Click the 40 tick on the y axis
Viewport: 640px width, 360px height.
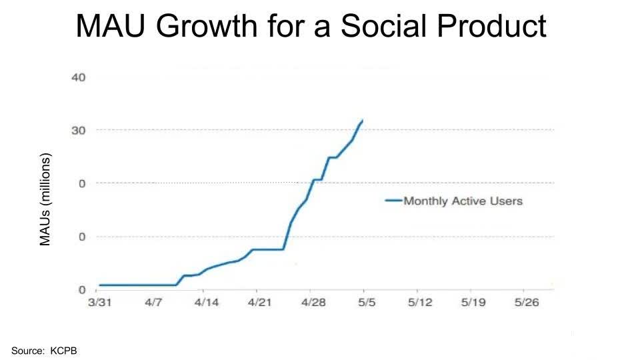pyautogui.click(x=78, y=77)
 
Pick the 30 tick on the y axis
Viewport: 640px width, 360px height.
pyautogui.click(x=78, y=130)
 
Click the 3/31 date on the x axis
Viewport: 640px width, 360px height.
pyautogui.click(x=99, y=303)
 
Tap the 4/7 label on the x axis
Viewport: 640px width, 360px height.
pyautogui.click(x=153, y=303)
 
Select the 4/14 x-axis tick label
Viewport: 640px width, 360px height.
pyautogui.click(x=206, y=303)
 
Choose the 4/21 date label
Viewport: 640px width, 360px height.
pyautogui.click(x=259, y=303)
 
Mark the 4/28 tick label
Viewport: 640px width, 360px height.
pyautogui.click(x=313, y=303)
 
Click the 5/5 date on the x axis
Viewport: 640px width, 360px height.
pyautogui.click(x=367, y=303)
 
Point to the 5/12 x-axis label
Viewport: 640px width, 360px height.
pyautogui.click(x=419, y=303)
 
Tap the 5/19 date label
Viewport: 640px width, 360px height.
pyautogui.click(x=473, y=303)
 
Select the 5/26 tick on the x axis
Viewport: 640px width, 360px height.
pyautogui.click(x=526, y=303)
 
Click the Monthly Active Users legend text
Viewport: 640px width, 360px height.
pyautogui.click(x=463, y=201)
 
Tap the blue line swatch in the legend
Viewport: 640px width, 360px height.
pyautogui.click(x=393, y=201)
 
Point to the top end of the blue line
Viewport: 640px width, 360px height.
pyautogui.click(x=362, y=121)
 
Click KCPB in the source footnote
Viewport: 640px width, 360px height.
pyautogui.click(x=64, y=349)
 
